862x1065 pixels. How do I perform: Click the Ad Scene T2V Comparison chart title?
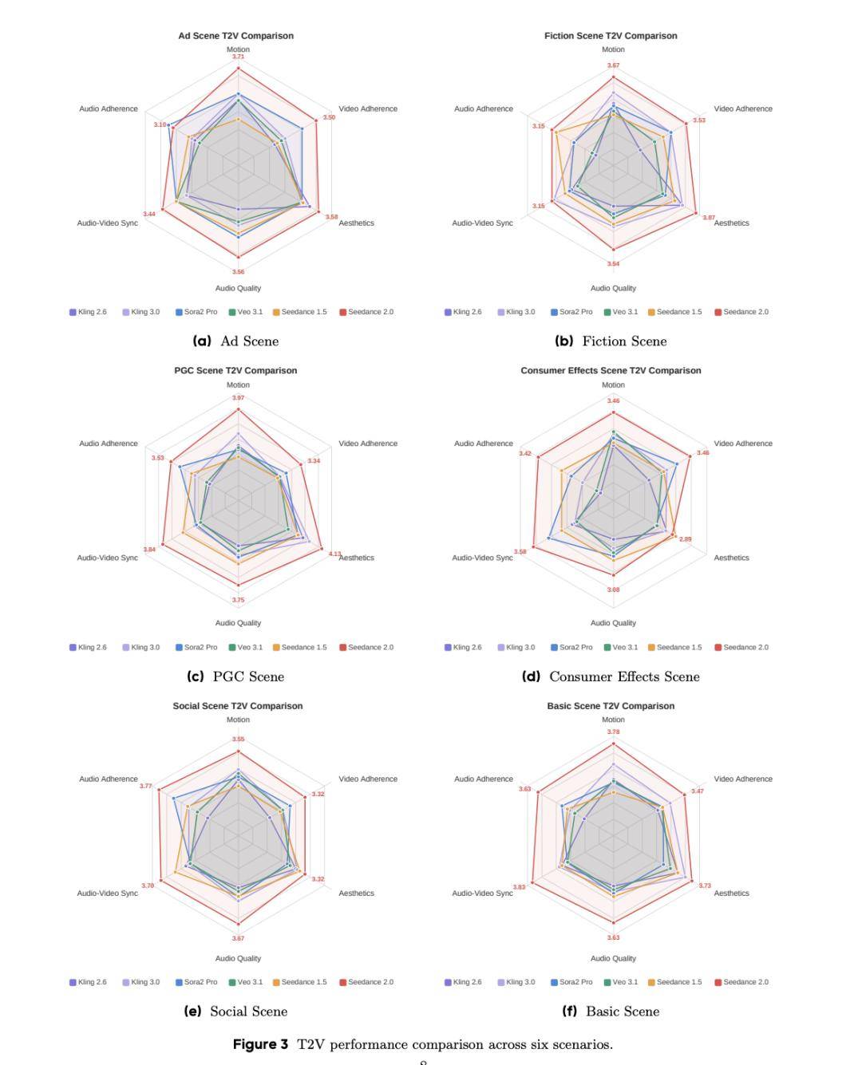(x=235, y=36)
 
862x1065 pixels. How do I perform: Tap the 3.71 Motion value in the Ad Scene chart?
(x=238, y=57)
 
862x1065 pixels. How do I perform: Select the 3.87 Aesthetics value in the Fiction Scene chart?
(x=709, y=218)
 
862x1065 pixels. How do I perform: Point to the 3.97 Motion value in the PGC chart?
(x=238, y=397)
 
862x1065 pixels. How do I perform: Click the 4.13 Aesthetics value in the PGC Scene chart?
(x=334, y=554)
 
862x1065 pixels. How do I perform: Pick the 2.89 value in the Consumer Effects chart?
(x=686, y=539)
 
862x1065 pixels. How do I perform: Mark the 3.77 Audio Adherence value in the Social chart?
(x=145, y=786)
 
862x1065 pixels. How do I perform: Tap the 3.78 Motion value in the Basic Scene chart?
(x=613, y=732)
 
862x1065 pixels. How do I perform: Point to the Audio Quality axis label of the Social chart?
(x=238, y=958)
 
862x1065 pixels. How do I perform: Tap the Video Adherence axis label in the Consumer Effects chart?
(x=743, y=444)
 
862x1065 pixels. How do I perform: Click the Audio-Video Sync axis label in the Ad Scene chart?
(x=107, y=223)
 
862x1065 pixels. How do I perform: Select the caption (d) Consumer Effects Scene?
(x=611, y=676)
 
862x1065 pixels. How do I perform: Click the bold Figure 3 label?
(x=260, y=1044)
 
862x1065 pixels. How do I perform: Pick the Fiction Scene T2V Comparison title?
(x=611, y=36)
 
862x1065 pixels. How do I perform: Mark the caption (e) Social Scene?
(x=235, y=1012)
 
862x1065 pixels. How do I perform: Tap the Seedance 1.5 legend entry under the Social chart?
(x=299, y=982)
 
